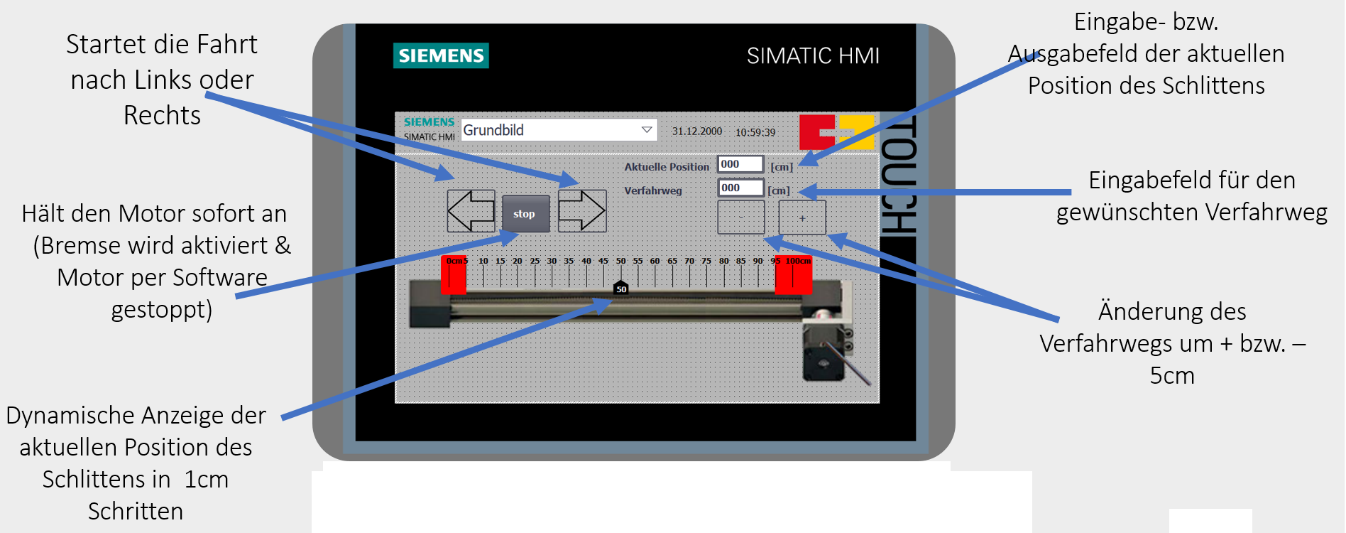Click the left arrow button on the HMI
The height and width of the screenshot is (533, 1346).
(471, 211)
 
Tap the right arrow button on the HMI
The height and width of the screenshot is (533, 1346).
(582, 211)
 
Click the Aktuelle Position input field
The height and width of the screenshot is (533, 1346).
(740, 164)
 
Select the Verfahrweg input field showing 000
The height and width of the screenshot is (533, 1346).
(740, 188)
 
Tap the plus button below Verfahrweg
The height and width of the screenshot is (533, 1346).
(802, 217)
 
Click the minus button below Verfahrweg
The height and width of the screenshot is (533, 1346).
(741, 217)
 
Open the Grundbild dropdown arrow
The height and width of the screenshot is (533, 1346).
(647, 130)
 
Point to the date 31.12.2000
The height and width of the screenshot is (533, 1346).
(697, 131)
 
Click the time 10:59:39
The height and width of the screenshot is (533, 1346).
(755, 132)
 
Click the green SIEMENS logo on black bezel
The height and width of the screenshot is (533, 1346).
(441, 55)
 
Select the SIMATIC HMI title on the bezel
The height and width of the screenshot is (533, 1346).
(813, 55)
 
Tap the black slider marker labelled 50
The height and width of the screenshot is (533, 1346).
(621, 287)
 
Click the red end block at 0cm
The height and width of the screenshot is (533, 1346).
(454, 274)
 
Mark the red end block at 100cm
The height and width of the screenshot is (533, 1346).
(793, 274)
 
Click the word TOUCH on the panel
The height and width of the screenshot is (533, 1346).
(899, 176)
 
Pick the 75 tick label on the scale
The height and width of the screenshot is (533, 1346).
(706, 261)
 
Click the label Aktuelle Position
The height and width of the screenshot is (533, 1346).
(667, 167)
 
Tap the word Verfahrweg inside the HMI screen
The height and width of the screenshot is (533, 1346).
(653, 190)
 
